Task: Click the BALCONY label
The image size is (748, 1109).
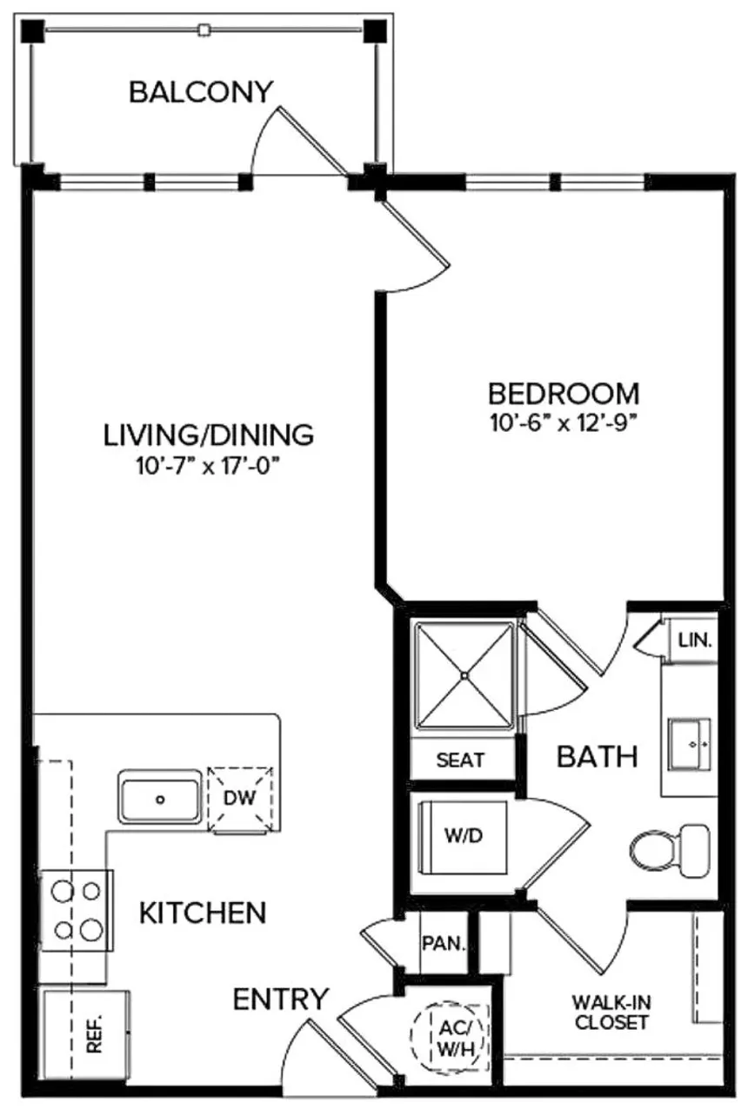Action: pyautogui.click(x=201, y=91)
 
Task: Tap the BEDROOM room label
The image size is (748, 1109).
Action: pyautogui.click(x=563, y=394)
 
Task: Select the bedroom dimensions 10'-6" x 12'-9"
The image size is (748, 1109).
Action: pyautogui.click(x=563, y=424)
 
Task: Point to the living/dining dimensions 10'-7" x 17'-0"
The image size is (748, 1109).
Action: pyautogui.click(x=207, y=465)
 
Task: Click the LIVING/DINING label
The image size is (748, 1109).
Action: pyautogui.click(x=207, y=433)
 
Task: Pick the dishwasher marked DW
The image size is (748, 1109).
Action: pyautogui.click(x=240, y=798)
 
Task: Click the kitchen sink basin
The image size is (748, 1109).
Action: pyautogui.click(x=160, y=797)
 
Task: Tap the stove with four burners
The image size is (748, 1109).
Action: pyautogui.click(x=77, y=910)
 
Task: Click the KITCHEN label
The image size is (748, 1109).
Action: pyautogui.click(x=203, y=913)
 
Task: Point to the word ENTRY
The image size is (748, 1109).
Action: pyautogui.click(x=280, y=999)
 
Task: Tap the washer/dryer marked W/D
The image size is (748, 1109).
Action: pyautogui.click(x=463, y=836)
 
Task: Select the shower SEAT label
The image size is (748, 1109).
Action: pyautogui.click(x=460, y=760)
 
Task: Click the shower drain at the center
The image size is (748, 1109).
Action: pyautogui.click(x=464, y=674)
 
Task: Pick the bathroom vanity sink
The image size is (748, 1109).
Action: pyautogui.click(x=691, y=745)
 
